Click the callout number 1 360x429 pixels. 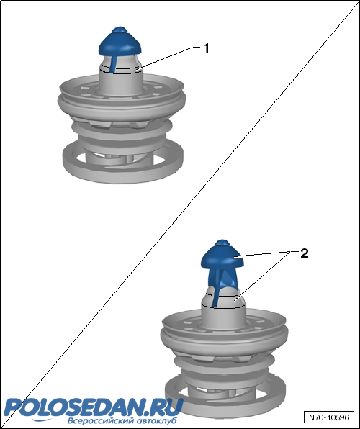point(206,48)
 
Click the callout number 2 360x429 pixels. point(304,253)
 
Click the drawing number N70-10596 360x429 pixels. point(329,417)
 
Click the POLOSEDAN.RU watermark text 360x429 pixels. point(93,408)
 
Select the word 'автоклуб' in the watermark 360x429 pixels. point(156,420)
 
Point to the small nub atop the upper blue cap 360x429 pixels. point(120,30)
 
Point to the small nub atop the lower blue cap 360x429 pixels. point(222,243)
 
